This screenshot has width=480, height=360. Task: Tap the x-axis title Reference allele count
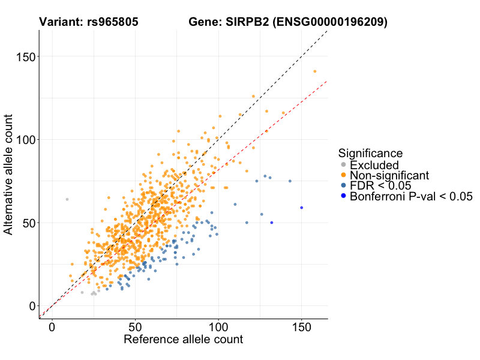click(x=183, y=340)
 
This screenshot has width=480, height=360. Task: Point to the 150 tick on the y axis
click(x=25, y=56)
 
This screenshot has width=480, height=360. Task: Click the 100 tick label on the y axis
click(x=25, y=140)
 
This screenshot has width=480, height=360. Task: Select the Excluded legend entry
click(x=374, y=164)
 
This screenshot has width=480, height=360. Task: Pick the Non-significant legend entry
click(x=389, y=175)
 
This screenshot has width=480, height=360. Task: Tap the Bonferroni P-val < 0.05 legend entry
click(x=411, y=196)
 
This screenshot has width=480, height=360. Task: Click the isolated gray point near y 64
click(x=67, y=199)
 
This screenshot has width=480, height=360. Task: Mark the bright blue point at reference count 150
click(x=302, y=208)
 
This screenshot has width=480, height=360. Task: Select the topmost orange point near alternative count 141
click(x=315, y=71)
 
